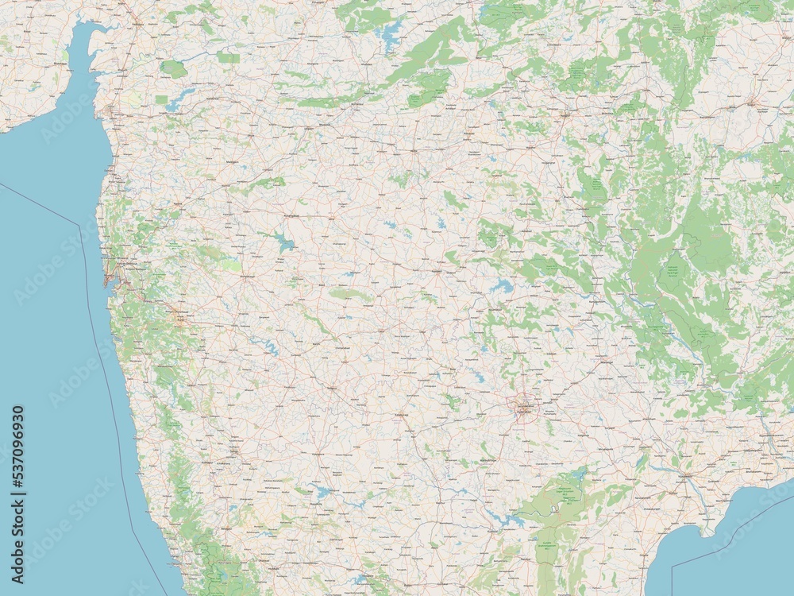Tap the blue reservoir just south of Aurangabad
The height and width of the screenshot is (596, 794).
point(282,242)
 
